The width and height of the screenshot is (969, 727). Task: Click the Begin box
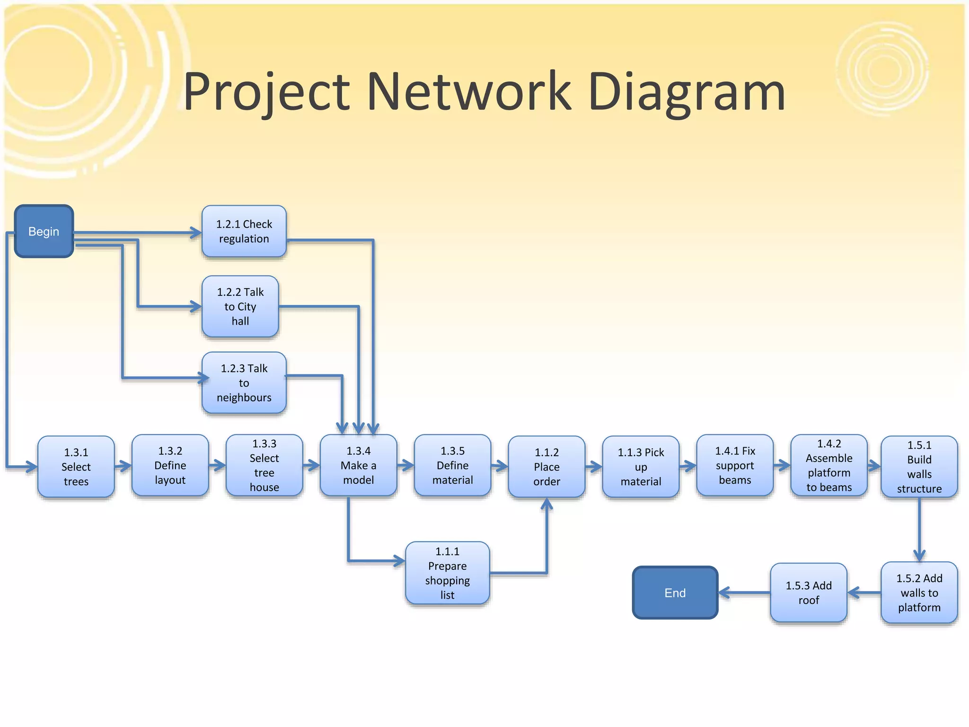(x=44, y=231)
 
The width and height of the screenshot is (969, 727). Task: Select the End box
(x=675, y=593)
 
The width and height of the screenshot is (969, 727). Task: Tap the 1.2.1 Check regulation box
(x=244, y=231)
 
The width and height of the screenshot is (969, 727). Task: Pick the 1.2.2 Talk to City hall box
(x=240, y=307)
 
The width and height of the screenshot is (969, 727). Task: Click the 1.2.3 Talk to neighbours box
(x=244, y=383)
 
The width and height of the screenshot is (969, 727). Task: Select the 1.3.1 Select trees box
(x=76, y=467)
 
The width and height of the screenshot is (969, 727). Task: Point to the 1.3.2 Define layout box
(x=170, y=466)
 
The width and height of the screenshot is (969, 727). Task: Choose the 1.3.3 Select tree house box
(x=264, y=466)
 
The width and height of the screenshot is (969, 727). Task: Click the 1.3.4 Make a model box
(x=358, y=466)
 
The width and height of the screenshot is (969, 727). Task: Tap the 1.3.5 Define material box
(x=452, y=466)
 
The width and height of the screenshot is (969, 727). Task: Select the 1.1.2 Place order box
(x=546, y=467)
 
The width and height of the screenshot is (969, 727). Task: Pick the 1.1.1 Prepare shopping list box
(x=447, y=573)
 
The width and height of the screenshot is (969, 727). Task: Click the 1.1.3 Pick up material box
(x=641, y=467)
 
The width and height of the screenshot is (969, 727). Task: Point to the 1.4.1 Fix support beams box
(x=735, y=466)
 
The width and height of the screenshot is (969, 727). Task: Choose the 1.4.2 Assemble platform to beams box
(x=829, y=466)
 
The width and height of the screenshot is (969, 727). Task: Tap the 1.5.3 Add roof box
(x=809, y=593)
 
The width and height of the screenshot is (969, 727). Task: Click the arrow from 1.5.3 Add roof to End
(x=744, y=593)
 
